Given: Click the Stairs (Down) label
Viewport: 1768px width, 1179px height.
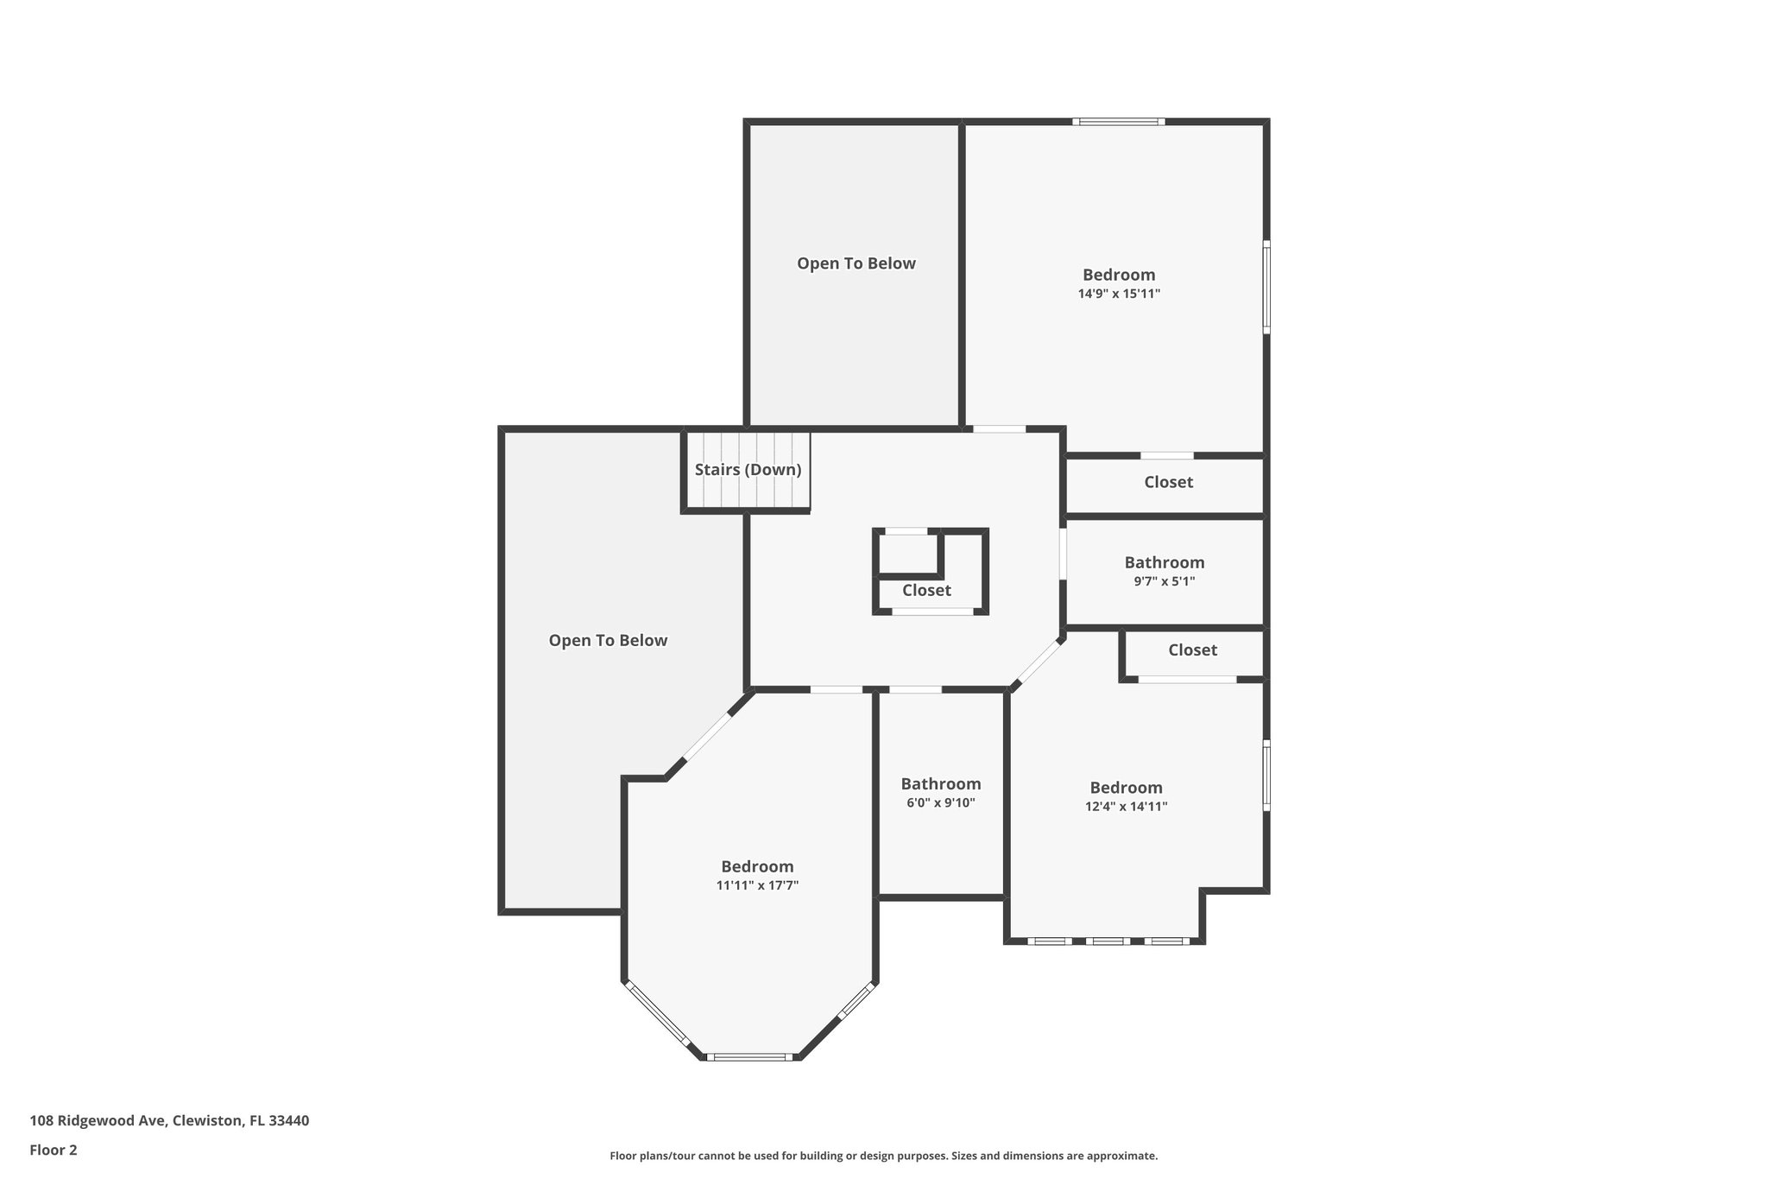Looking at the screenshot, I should coord(748,470).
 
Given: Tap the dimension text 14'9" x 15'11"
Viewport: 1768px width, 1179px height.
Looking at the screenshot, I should coord(1119,294).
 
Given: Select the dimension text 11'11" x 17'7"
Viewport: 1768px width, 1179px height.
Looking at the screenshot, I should coord(757,885).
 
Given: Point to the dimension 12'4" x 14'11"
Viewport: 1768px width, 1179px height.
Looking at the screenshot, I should coord(1126,807).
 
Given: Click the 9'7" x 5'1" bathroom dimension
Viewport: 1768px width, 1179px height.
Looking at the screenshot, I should coord(1164,581).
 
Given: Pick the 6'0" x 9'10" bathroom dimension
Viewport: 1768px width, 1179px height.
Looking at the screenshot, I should coord(940,802).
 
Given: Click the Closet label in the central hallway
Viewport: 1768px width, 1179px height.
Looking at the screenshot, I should coord(926,590).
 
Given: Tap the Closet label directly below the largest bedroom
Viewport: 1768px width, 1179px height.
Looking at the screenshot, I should coord(1168,482).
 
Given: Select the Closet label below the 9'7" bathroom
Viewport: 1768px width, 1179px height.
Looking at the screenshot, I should coord(1192,650).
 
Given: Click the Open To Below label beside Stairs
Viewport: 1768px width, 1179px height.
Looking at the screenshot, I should coord(608,640).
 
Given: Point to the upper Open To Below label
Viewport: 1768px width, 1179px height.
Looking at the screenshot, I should coord(856,263).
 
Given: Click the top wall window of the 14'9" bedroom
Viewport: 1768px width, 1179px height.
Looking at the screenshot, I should coord(1119,122).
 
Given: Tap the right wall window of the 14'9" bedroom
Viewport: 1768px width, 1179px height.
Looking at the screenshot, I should coord(1266,287).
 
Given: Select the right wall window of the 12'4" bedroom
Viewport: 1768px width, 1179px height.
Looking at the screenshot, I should coord(1266,774).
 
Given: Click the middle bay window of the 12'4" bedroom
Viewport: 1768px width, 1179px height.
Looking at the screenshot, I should coord(1107,941).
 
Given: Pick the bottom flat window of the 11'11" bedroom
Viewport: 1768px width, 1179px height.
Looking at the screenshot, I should coord(749,1056).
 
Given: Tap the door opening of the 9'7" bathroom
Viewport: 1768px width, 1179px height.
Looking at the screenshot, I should coord(1063,553).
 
